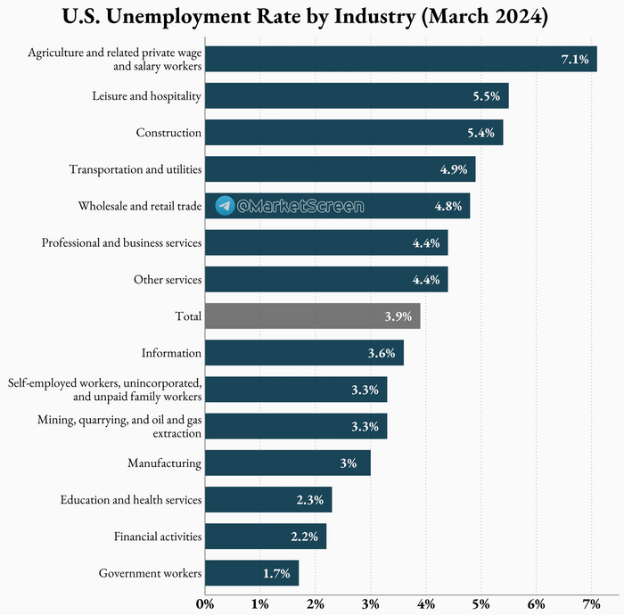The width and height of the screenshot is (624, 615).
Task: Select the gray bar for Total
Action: tap(312, 316)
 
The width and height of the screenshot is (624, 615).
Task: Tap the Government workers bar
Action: tap(251, 573)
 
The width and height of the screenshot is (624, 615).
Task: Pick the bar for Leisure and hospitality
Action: tap(357, 95)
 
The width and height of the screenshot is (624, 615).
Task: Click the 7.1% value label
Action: tap(574, 59)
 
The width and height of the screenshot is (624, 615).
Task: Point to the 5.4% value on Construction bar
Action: tap(480, 133)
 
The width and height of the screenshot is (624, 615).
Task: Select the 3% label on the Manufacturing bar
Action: tap(348, 463)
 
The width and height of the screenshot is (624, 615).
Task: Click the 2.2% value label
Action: tap(305, 537)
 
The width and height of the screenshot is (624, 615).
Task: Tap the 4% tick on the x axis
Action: tap(426, 603)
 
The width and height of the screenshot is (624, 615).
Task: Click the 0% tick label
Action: tap(205, 603)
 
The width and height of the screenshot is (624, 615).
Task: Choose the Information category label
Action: tap(171, 353)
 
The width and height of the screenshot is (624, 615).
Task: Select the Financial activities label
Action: tap(158, 537)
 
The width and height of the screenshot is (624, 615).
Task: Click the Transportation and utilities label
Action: tap(135, 169)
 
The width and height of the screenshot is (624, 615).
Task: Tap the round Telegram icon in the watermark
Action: tap(226, 206)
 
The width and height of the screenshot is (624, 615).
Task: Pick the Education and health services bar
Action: tap(268, 500)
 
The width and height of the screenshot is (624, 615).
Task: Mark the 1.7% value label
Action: tap(277, 573)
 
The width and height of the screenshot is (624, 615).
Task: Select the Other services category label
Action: tap(168, 280)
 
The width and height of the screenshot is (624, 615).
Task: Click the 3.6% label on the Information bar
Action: tap(382, 353)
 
